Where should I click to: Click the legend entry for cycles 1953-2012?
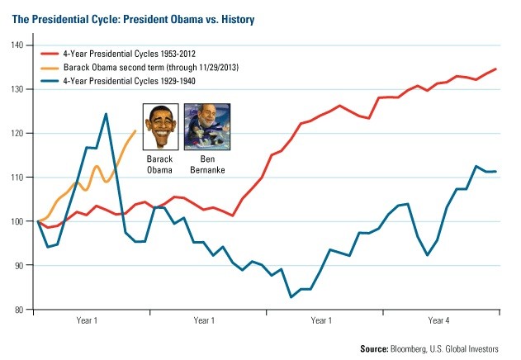[141, 51]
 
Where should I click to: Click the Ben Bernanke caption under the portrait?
[206, 163]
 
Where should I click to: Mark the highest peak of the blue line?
[106, 114]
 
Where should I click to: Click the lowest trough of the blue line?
[291, 297]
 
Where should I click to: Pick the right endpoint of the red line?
[496, 69]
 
